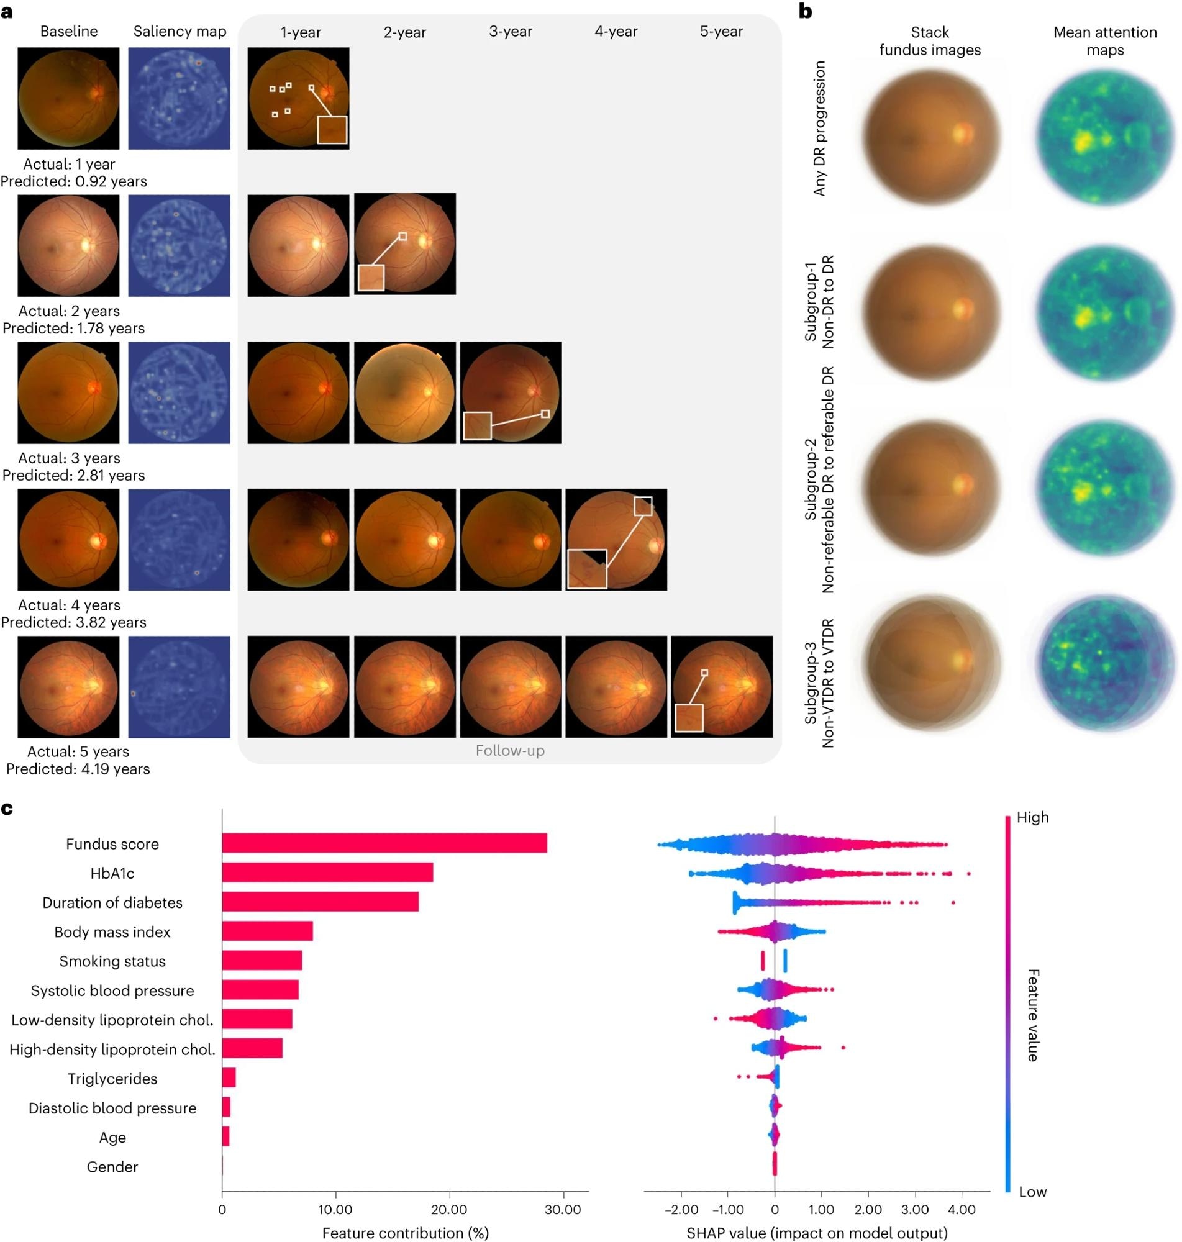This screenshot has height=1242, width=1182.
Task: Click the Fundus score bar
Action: [x=384, y=843]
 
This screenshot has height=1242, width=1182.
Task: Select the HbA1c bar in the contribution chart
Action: [x=327, y=873]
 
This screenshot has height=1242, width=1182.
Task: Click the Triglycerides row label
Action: [x=112, y=1078]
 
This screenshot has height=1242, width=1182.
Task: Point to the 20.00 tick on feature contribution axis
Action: [x=448, y=1208]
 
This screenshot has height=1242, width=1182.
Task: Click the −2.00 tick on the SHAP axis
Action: [x=681, y=1209]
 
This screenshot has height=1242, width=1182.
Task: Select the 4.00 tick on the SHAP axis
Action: [x=962, y=1209]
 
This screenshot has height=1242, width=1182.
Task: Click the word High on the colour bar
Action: [x=1032, y=817]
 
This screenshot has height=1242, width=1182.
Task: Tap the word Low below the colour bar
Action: [x=1032, y=1191]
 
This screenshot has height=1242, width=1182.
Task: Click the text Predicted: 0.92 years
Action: [x=74, y=181]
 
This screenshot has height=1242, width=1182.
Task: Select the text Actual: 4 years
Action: [x=70, y=605]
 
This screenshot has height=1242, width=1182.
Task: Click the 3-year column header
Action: [x=511, y=32]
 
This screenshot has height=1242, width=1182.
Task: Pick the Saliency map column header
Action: [x=180, y=32]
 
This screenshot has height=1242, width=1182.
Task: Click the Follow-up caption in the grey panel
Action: [x=510, y=750]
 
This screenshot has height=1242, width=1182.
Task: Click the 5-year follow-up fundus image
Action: [x=721, y=686]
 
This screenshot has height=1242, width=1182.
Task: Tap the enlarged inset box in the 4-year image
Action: [x=586, y=569]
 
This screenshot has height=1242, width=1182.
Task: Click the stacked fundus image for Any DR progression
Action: [x=930, y=135]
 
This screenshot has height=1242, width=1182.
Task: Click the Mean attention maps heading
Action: [x=1104, y=41]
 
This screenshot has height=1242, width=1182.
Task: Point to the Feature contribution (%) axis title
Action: [x=405, y=1233]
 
